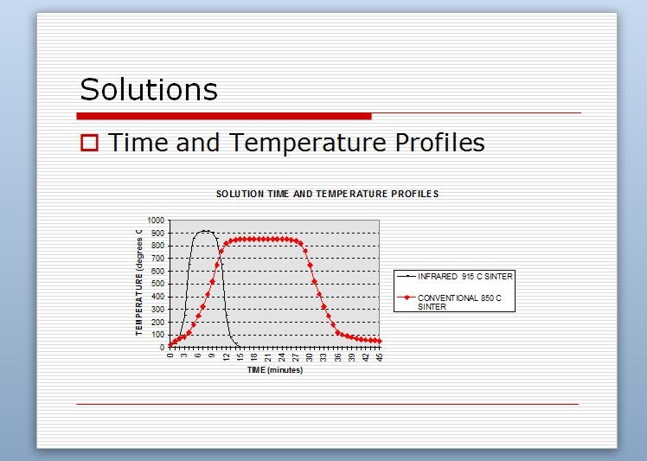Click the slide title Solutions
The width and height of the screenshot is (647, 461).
[149, 89]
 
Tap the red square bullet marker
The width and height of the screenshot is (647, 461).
[90, 143]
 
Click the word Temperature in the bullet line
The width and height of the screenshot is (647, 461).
[307, 143]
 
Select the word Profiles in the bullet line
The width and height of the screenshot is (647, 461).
[440, 142]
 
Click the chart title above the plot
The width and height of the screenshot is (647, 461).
[327, 194]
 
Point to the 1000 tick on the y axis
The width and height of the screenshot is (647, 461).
[156, 221]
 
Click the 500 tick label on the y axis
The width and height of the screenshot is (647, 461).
[157, 284]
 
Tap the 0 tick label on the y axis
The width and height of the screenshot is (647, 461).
[162, 348]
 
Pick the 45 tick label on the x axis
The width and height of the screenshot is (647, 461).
[380, 357]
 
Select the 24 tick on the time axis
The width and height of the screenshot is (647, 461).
[282, 357]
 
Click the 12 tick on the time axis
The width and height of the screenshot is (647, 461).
[226, 357]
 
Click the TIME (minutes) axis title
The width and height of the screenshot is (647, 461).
[275, 370]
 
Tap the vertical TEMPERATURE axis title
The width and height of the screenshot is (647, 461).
[139, 283]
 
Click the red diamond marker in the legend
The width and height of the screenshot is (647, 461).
[407, 298]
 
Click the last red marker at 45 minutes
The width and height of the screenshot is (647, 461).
[380, 342]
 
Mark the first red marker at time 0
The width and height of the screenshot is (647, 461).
[170, 344]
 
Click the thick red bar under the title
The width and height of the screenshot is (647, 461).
[224, 117]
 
